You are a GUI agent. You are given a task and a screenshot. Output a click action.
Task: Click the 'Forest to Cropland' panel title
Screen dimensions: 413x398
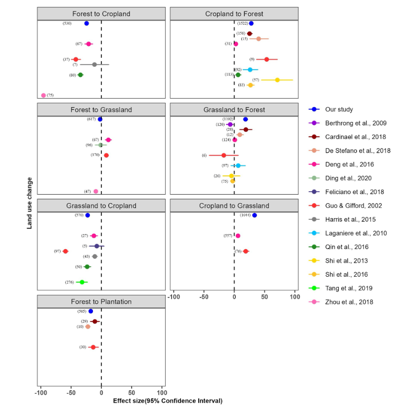pos(101,14)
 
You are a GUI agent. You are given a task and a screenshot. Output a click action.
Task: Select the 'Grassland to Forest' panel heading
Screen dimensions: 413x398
pos(234,110)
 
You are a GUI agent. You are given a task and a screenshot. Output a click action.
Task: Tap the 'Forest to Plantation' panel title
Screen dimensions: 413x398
pos(101,301)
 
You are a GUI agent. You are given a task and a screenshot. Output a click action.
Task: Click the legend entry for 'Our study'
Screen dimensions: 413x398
pos(339,109)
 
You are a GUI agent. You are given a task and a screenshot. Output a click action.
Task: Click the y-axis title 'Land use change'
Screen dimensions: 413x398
pos(30,203)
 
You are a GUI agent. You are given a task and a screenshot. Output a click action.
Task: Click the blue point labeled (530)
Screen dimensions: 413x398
pos(87,23)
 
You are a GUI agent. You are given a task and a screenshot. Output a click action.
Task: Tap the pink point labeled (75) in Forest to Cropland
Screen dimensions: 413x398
pos(44,95)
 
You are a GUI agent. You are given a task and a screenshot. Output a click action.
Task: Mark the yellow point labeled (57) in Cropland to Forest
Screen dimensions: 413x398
pos(277,80)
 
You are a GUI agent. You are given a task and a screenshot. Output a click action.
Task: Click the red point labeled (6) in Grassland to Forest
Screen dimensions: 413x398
pos(224,155)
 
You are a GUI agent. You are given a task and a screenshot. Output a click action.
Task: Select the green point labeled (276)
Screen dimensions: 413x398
pos(82,282)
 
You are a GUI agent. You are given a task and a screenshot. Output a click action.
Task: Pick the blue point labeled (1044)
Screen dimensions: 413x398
pos(254,215)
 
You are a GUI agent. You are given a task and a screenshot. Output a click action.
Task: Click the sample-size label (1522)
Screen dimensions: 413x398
pos(242,23)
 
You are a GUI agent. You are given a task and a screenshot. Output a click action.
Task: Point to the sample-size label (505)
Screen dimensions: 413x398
pos(82,311)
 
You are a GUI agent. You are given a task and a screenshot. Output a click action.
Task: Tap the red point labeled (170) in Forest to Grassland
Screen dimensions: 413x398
pos(106,155)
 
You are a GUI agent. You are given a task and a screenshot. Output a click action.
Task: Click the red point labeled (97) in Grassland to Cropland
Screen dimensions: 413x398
pos(65,251)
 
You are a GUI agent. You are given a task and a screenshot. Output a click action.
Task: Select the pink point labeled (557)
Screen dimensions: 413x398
pos(238,236)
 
